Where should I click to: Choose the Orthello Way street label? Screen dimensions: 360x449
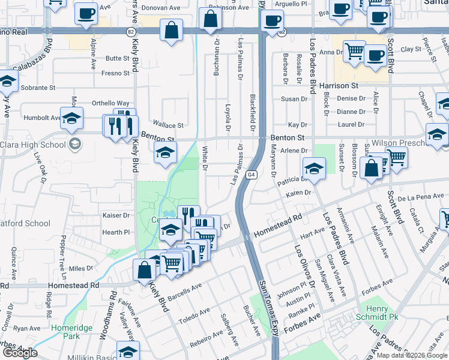tap(110, 103)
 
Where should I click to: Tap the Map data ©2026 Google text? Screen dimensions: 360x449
tap(412, 355)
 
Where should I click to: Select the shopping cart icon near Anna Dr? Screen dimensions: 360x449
tap(354, 51)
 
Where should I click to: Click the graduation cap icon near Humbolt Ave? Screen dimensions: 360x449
tap(71, 118)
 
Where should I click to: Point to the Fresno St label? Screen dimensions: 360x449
tap(116, 73)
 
